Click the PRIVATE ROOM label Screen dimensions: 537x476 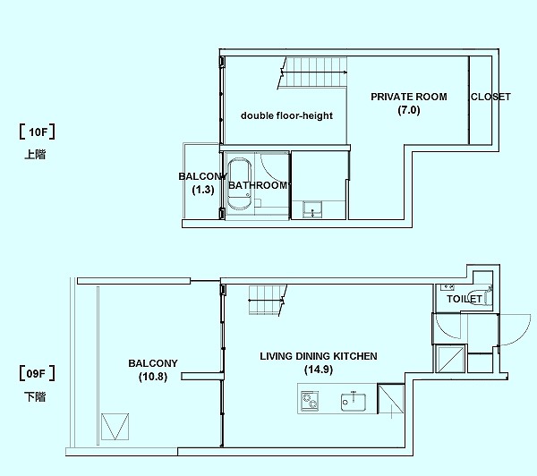coord(409,97)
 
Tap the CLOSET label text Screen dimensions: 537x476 coord(490,97)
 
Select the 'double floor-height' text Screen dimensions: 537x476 coord(286,115)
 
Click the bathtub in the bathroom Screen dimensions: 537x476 coord(240,183)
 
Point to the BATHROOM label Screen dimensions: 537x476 coord(258,185)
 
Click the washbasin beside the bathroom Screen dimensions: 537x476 coord(312,208)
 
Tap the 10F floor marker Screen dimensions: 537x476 coord(38,132)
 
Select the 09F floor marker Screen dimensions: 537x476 coord(38,373)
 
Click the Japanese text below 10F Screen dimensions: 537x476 coord(35,155)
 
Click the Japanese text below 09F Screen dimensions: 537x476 coord(35,396)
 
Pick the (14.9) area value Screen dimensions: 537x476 coord(319,370)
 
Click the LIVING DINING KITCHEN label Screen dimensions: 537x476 coord(319,356)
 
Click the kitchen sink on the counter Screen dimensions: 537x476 coord(354,402)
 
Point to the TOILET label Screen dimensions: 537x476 coord(464,299)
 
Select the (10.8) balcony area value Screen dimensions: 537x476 coord(153,377)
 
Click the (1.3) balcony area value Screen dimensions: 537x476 coord(203,190)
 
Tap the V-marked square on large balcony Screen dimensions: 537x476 coord(115,427)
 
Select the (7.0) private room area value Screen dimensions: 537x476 coord(409,110)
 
